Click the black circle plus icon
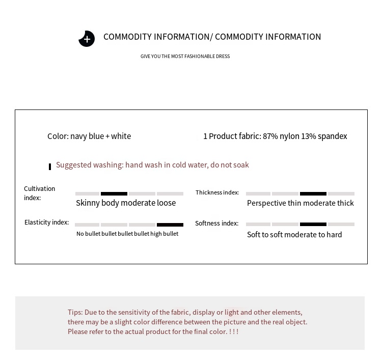87,39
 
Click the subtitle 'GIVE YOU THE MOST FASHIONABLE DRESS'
185,57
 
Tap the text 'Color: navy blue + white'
89,136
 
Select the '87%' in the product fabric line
271,136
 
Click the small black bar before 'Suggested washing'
50,167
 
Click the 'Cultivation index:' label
39,193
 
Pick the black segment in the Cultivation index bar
114,193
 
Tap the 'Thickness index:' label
217,192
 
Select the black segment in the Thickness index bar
313,193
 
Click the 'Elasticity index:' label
46,223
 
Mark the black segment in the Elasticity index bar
170,225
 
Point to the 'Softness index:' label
216,224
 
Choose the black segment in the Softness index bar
313,224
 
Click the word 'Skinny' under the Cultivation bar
88,203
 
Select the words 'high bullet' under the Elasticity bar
164,234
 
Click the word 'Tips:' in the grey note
75,312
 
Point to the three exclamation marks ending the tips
234,331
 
